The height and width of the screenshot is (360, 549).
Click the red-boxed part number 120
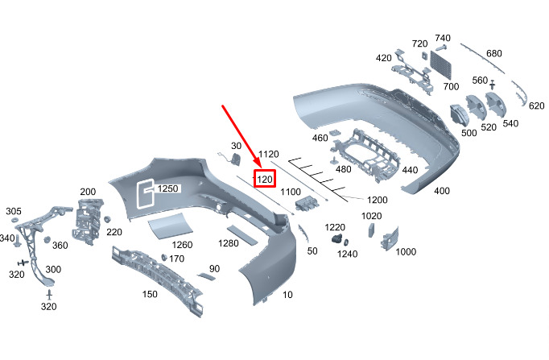(265, 180)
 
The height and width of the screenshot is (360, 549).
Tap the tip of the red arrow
(261, 168)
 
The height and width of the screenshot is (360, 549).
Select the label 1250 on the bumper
(167, 188)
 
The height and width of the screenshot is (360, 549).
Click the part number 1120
(269, 154)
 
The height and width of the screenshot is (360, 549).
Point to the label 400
(442, 191)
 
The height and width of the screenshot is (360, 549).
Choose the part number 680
(494, 54)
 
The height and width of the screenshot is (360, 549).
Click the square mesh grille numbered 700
(441, 64)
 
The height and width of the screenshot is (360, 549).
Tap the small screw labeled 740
(441, 48)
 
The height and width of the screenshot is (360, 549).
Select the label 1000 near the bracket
(406, 252)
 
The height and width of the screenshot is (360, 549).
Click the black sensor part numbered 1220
(336, 239)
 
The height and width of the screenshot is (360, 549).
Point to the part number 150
(150, 294)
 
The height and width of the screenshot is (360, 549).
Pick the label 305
(14, 211)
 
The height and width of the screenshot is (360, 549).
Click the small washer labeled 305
(15, 221)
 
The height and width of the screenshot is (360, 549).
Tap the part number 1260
(182, 245)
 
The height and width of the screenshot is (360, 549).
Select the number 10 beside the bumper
(287, 295)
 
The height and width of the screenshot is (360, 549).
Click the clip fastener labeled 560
(493, 85)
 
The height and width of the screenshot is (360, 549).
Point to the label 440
(410, 170)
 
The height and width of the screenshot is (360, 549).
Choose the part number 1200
(377, 200)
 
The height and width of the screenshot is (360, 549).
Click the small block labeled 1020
(371, 230)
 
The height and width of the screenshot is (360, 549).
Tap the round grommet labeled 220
(107, 219)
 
